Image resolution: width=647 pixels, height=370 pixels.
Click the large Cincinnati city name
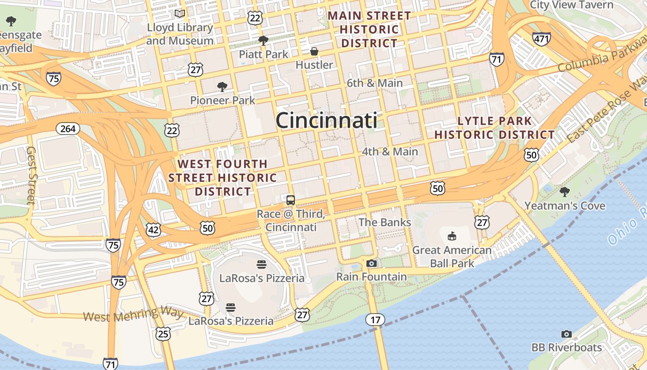click(326, 121)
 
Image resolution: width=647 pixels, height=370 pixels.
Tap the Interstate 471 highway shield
click(541, 39)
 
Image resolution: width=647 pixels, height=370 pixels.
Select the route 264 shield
click(67, 129)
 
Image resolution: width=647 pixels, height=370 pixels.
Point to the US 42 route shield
click(153, 229)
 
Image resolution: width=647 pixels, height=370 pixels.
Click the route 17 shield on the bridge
click(375, 319)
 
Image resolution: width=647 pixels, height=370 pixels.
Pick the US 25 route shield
click(163, 333)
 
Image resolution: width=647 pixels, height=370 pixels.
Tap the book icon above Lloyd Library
click(180, 14)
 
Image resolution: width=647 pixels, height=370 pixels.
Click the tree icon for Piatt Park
click(263, 41)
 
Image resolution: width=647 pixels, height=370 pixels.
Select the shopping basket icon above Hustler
click(314, 51)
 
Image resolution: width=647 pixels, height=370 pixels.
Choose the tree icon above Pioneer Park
click(222, 86)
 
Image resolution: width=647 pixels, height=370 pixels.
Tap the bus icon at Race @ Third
click(291, 200)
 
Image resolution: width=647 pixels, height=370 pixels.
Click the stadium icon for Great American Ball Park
click(452, 236)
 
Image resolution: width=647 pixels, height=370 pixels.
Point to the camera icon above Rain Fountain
click(371, 264)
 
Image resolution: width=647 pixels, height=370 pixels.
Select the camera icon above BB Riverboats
click(566, 334)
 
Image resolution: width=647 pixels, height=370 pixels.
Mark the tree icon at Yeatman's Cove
click(564, 192)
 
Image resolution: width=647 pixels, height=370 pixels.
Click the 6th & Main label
click(375, 83)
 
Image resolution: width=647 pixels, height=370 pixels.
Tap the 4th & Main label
click(390, 152)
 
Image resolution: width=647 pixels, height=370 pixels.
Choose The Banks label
click(385, 222)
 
